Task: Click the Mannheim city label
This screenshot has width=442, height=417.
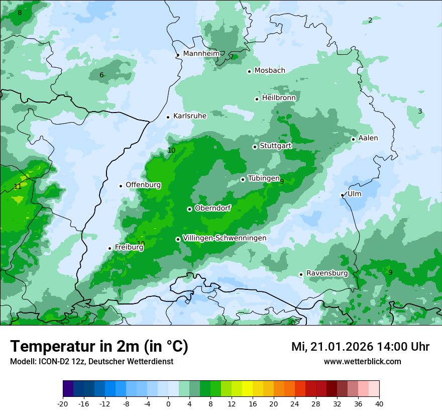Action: point(201,53)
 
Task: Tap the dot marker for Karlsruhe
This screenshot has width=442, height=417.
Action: point(168,117)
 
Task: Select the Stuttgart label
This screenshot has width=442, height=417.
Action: point(275,146)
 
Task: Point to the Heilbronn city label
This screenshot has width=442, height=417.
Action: point(279,98)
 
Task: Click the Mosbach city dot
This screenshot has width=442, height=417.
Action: point(249,71)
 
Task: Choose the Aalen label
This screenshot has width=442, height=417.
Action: point(368,138)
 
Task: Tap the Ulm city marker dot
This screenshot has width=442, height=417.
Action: point(342,195)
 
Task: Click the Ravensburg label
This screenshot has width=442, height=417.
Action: point(327,273)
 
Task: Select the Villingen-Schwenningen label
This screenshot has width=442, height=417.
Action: point(225,238)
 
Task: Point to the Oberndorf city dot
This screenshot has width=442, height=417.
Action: point(189,209)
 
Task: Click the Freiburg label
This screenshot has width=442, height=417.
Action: point(129,247)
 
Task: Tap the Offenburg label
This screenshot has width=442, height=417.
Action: point(143,185)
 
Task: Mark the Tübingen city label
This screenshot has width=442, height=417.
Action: point(264,178)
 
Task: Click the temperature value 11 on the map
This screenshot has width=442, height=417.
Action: point(18,186)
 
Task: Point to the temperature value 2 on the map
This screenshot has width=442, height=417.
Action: point(370,20)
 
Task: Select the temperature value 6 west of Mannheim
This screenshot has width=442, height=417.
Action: point(101,75)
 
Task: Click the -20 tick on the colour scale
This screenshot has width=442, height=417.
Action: point(63,404)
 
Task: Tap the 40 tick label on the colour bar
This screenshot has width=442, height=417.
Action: point(379,404)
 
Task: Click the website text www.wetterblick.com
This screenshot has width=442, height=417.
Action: point(362,361)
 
